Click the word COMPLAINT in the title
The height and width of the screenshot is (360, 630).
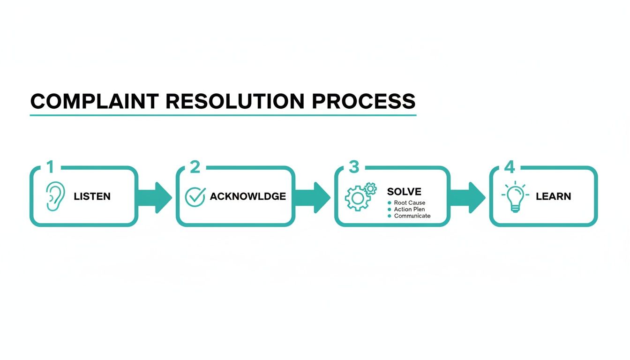[94, 102]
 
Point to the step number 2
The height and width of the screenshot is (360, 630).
[195, 167]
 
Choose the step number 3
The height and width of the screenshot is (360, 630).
[354, 167]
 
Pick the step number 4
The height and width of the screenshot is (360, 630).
[509, 167]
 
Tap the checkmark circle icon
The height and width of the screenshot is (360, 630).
[195, 196]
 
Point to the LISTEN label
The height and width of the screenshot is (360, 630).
[92, 196]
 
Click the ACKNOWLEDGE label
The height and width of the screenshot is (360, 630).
[247, 196]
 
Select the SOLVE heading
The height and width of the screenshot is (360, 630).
[404, 191]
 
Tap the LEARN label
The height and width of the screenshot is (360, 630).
[554, 196]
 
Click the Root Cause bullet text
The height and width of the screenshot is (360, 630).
[410, 202]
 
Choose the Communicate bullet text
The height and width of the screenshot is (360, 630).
[412, 216]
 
